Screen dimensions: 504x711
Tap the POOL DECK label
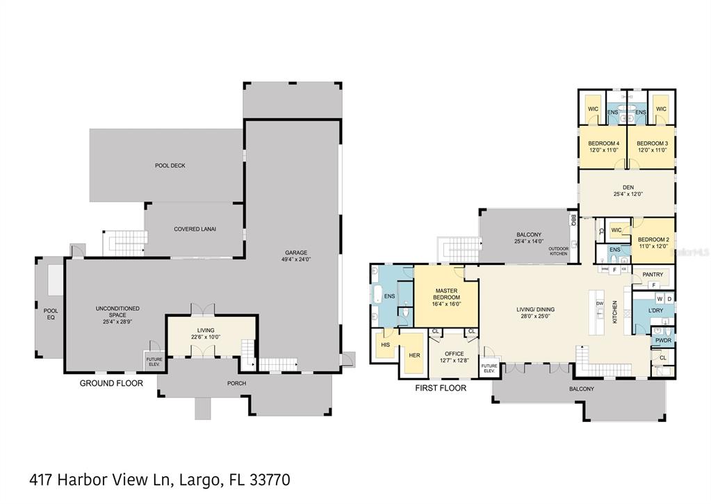coord(170,165)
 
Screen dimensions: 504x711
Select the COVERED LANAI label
coord(195,229)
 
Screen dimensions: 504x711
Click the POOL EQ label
coord(51,314)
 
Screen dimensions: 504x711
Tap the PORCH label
coord(236,383)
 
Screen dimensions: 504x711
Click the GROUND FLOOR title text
coord(111,383)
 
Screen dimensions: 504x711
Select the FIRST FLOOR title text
coord(440,388)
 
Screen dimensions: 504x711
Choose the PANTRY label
coord(652,275)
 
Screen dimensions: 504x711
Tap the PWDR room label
coord(663,340)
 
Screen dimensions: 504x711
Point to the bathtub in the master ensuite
coord(379,295)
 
